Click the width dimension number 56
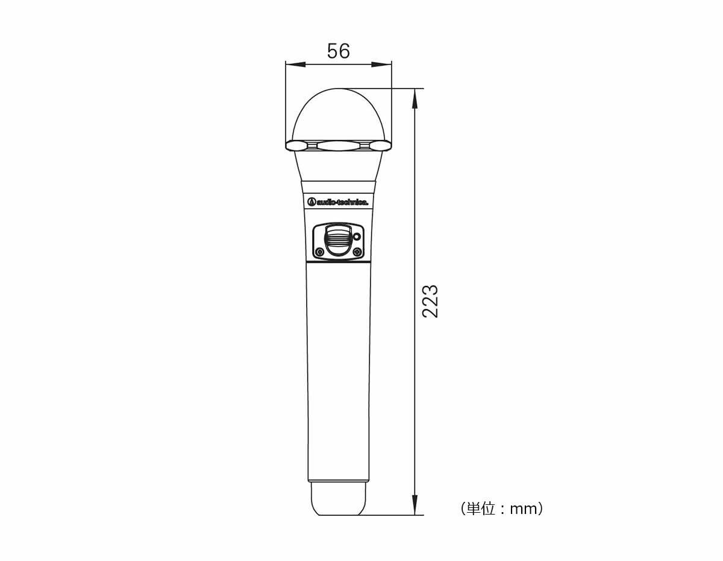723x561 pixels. (339, 51)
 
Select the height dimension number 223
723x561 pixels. (430, 302)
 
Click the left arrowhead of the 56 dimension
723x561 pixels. (295, 65)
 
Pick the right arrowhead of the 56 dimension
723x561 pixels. (381, 65)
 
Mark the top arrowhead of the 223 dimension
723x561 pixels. (415, 99)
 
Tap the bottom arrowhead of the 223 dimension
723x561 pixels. (415, 505)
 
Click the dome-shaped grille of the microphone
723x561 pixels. (339, 115)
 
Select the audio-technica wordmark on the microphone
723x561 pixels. (342, 202)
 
